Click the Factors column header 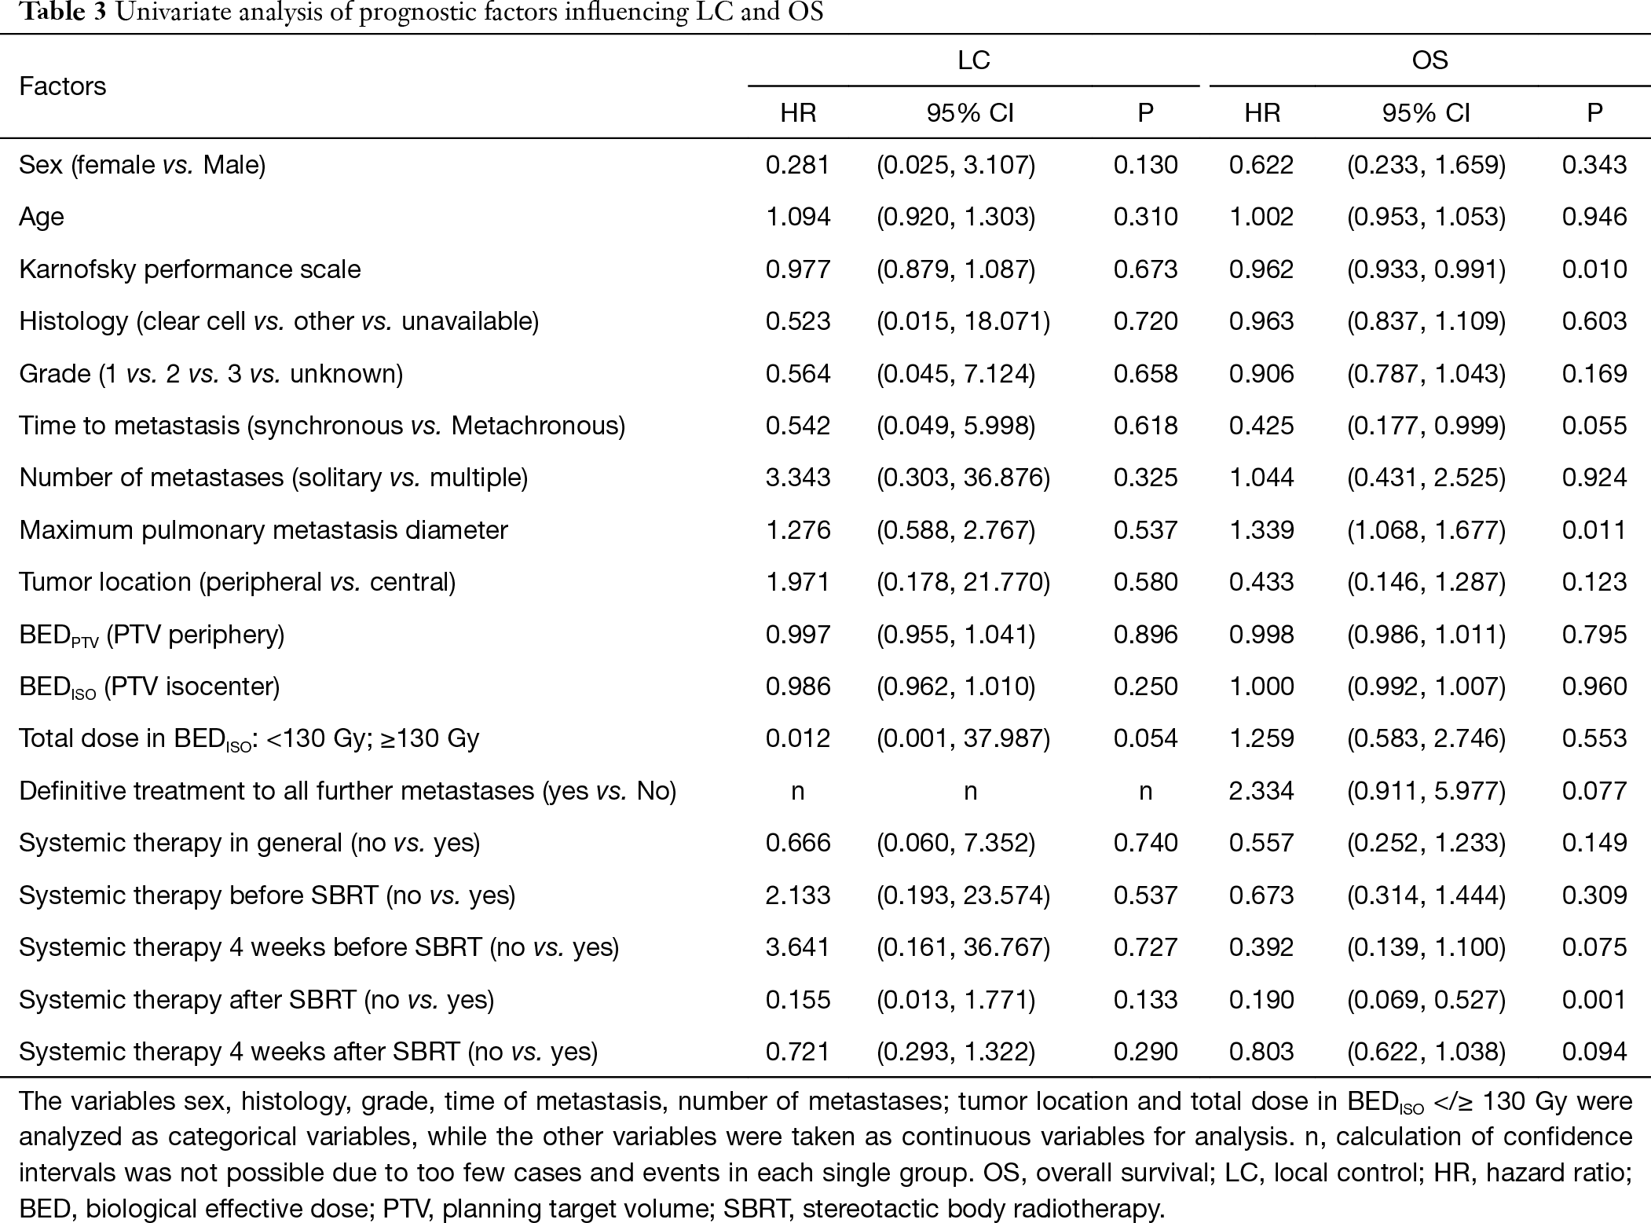[x=62, y=86]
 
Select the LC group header [x=973, y=60]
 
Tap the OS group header [x=1430, y=60]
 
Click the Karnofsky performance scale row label [x=190, y=269]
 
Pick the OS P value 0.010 [x=1594, y=269]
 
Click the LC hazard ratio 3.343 [x=798, y=478]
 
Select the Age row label [x=42, y=218]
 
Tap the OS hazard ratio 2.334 [x=1262, y=790]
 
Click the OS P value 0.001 [x=1594, y=999]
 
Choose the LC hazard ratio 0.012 [x=798, y=738]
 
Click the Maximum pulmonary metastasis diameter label [x=263, y=530]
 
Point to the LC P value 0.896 [x=1146, y=635]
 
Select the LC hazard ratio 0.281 [x=798, y=165]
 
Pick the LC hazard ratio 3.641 [x=798, y=947]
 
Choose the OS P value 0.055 [x=1594, y=426]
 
